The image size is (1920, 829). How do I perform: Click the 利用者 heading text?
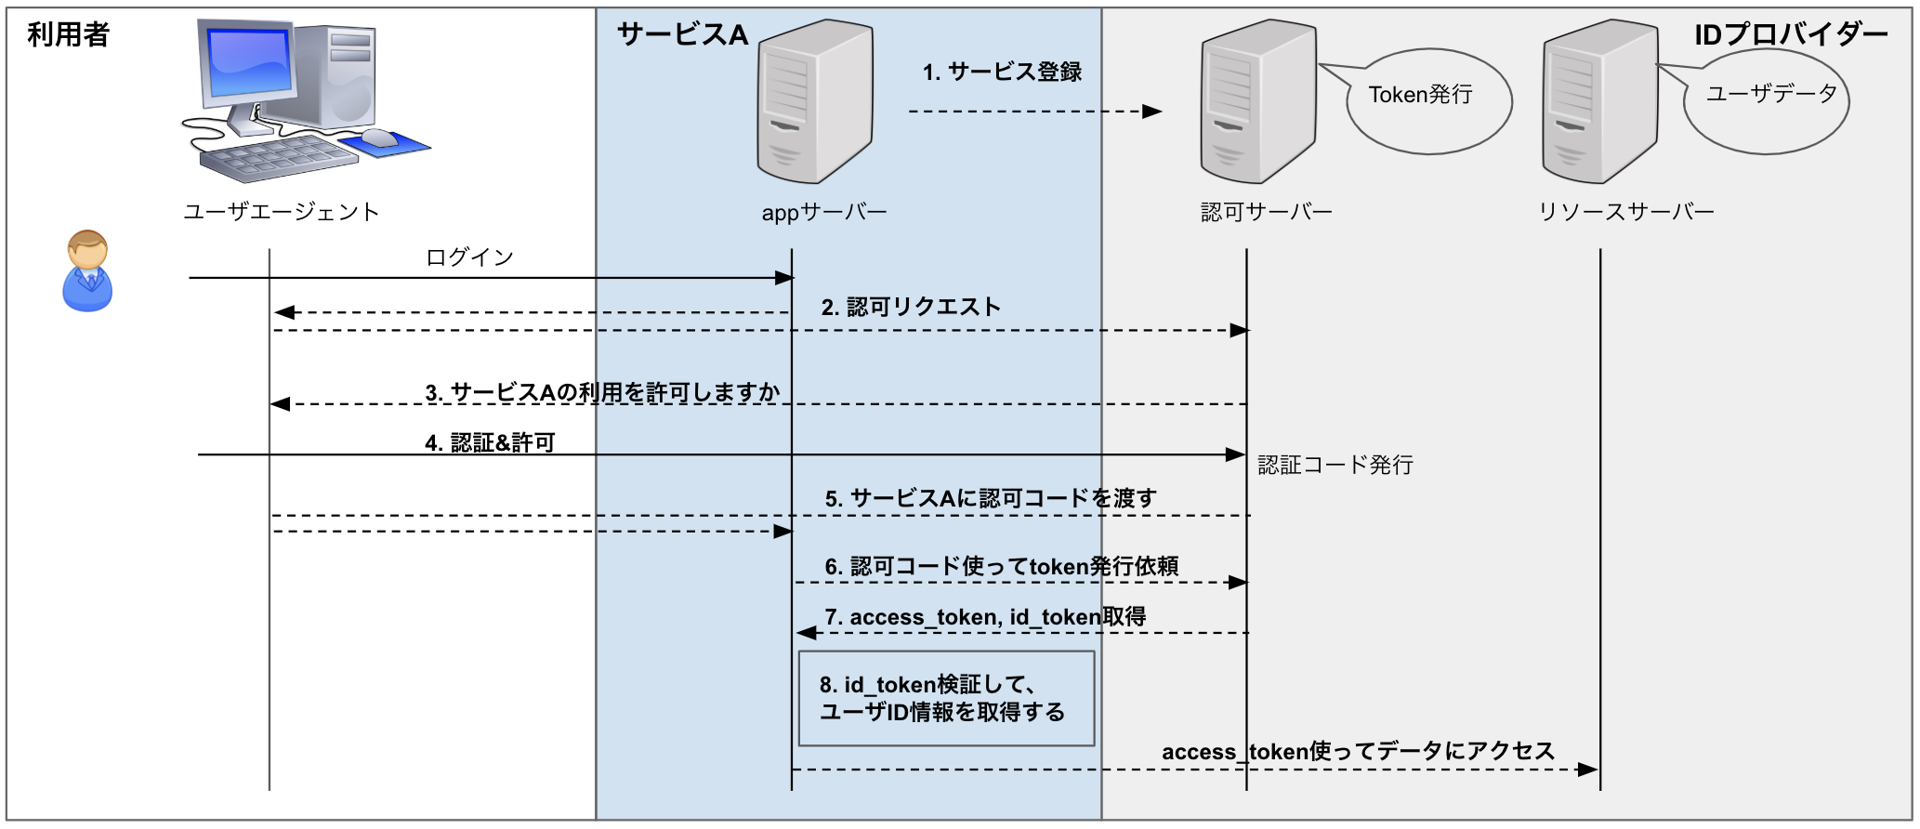click(x=68, y=35)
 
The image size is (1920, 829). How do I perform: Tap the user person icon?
click(x=87, y=270)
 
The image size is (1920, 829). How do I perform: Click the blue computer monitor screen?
click(x=250, y=62)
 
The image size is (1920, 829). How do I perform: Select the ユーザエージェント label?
click(x=282, y=212)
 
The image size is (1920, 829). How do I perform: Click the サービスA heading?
click(x=682, y=35)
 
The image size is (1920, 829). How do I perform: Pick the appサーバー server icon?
click(x=815, y=102)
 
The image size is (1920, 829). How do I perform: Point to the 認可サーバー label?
click(x=1266, y=212)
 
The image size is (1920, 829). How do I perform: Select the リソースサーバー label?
click(x=1626, y=212)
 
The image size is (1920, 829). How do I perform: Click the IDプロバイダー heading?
click(x=1791, y=35)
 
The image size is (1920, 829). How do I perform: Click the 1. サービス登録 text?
click(x=1002, y=72)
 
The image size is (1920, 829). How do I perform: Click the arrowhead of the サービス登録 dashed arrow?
click(x=1153, y=112)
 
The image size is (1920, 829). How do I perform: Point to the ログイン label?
click(x=469, y=257)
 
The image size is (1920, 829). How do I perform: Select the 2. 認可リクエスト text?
click(x=911, y=308)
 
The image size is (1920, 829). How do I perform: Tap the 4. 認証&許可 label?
click(x=490, y=442)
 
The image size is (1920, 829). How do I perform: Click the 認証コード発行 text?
click(x=1335, y=465)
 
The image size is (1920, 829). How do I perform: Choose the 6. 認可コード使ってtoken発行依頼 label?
click(x=1002, y=566)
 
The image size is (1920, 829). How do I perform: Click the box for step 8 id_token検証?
click(x=946, y=699)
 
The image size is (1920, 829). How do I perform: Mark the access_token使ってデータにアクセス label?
click(x=1358, y=751)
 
